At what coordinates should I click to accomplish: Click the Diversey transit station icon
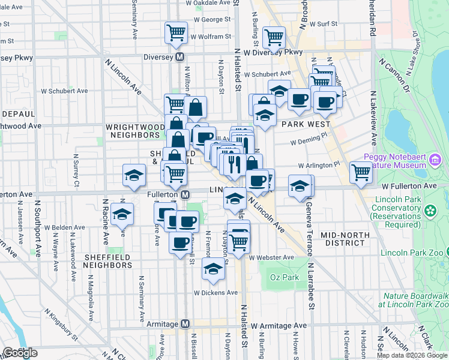click(x=179, y=58)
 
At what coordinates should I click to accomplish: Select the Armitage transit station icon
click(x=185, y=324)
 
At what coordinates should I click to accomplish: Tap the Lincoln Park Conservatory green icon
click(x=430, y=211)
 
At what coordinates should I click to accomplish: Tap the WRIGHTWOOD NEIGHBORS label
click(x=135, y=132)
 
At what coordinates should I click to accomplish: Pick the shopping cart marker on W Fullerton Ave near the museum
click(x=361, y=173)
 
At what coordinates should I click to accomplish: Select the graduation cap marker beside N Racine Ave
click(x=122, y=214)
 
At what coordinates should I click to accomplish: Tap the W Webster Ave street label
click(x=272, y=257)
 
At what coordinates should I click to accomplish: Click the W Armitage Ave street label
click(x=279, y=326)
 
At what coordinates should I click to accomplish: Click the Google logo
click(x=20, y=353)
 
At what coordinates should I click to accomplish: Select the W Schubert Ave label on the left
click(x=64, y=91)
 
